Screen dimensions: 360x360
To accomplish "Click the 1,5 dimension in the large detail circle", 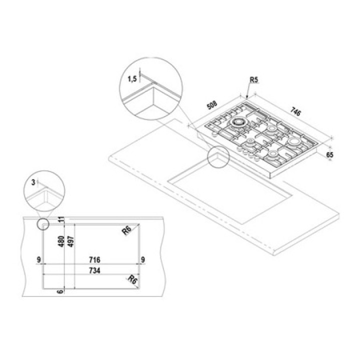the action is click(132, 79).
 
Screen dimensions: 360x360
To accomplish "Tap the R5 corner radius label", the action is click(254, 79).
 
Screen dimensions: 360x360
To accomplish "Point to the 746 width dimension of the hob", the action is click(295, 111).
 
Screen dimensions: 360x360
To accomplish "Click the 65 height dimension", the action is click(329, 154).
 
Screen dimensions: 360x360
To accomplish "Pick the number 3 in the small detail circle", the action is click(33, 182).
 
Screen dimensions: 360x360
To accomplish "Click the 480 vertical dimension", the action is click(61, 241).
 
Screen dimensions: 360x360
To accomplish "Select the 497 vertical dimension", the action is click(71, 241).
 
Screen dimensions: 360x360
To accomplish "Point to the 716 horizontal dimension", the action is click(94, 259).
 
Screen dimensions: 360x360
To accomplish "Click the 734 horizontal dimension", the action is click(94, 270).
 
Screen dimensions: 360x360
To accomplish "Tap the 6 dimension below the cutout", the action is click(60, 291).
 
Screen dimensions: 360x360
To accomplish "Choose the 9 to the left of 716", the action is click(39, 259).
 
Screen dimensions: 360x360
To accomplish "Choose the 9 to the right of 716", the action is click(143, 259).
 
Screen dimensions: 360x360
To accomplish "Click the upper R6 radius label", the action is click(126, 230).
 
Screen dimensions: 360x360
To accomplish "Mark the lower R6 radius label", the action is click(132, 279).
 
